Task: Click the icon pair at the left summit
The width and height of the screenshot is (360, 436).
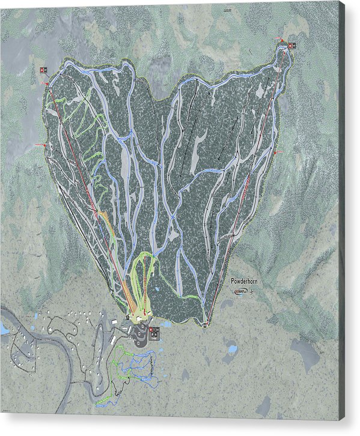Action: [x=43, y=70]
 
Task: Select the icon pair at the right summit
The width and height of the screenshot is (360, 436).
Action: [x=292, y=46]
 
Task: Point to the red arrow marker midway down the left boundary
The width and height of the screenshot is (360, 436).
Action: [x=40, y=145]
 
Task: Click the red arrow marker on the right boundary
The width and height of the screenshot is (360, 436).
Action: [x=278, y=154]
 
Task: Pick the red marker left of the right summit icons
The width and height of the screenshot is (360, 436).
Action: [x=280, y=40]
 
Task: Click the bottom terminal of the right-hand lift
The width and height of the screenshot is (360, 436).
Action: [x=205, y=325]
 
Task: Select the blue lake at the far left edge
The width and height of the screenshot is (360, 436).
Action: [x=4, y=330]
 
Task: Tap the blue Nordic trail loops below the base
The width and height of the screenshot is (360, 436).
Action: [x=142, y=366]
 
